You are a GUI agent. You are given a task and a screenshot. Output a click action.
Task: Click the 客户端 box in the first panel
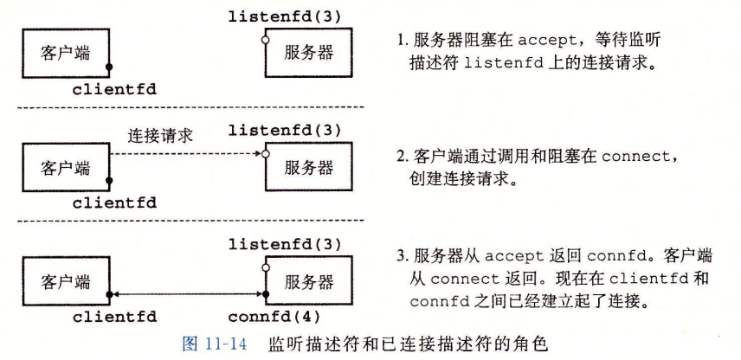click(65, 52)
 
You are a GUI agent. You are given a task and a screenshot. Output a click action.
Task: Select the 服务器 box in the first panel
click(308, 52)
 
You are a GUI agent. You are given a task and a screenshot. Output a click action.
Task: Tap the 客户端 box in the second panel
click(65, 167)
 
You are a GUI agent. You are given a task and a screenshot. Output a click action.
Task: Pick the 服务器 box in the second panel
click(308, 167)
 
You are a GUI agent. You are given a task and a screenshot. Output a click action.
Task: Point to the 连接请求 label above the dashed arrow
click(160, 135)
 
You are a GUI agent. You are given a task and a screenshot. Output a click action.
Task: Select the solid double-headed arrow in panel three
click(186, 293)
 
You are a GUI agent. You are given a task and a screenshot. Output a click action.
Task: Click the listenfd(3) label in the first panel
click(285, 15)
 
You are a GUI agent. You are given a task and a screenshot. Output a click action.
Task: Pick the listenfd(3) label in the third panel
click(285, 245)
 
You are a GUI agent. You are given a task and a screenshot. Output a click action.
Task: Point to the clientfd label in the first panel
click(114, 88)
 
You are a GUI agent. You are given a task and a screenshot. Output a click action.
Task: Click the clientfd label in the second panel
click(114, 203)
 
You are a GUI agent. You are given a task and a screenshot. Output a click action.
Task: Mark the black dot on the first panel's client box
click(109, 67)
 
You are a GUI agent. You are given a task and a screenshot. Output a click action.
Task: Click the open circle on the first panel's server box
click(266, 40)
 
